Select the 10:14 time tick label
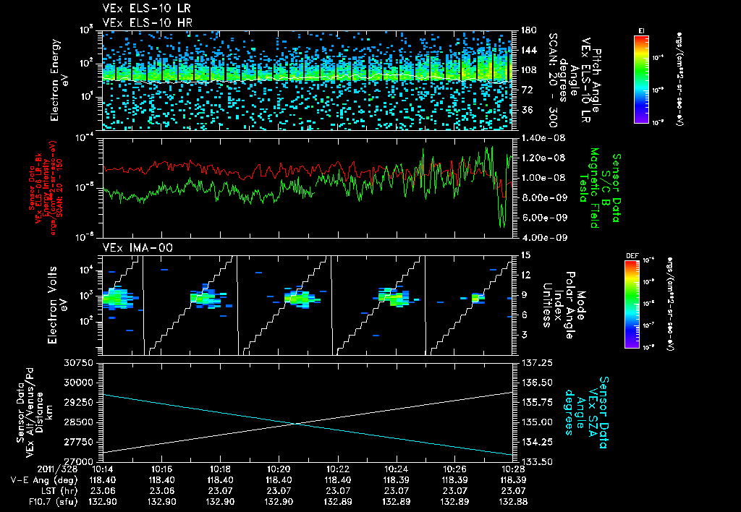102,468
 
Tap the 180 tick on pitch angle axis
528,30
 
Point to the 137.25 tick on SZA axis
538,362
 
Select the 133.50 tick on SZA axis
538,461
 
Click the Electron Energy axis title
59,80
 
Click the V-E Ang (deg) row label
30,478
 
